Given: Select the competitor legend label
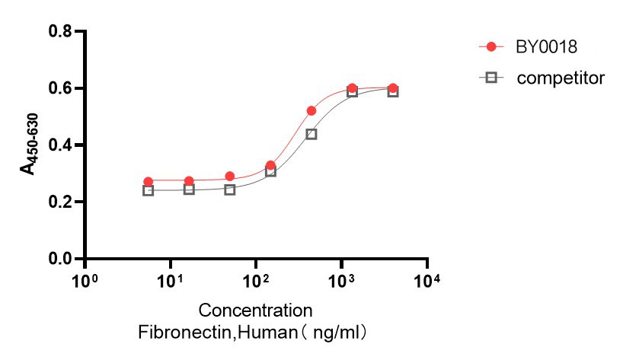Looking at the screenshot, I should tap(560, 77).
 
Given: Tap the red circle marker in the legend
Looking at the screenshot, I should tap(491, 47).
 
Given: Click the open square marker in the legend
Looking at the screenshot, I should tap(491, 77).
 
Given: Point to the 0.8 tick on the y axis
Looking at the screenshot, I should tap(61, 31).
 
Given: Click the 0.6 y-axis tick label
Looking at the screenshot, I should tap(61, 88).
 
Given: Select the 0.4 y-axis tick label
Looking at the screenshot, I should tap(61, 145).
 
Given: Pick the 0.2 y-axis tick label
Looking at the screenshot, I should tap(61, 202).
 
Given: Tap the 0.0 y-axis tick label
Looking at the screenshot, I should tap(61, 259).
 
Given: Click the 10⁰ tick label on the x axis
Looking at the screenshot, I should tap(85, 281).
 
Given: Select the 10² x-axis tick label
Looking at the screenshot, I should tap(255, 281).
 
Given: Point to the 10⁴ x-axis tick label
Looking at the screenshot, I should tap(427, 281).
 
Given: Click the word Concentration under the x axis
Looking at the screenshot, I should tap(255, 311).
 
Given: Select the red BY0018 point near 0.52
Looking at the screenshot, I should tap(311, 111).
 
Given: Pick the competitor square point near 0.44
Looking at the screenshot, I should tap(311, 134).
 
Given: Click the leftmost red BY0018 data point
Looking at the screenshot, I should tap(148, 182).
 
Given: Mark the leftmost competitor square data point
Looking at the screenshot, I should tap(148, 190).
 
